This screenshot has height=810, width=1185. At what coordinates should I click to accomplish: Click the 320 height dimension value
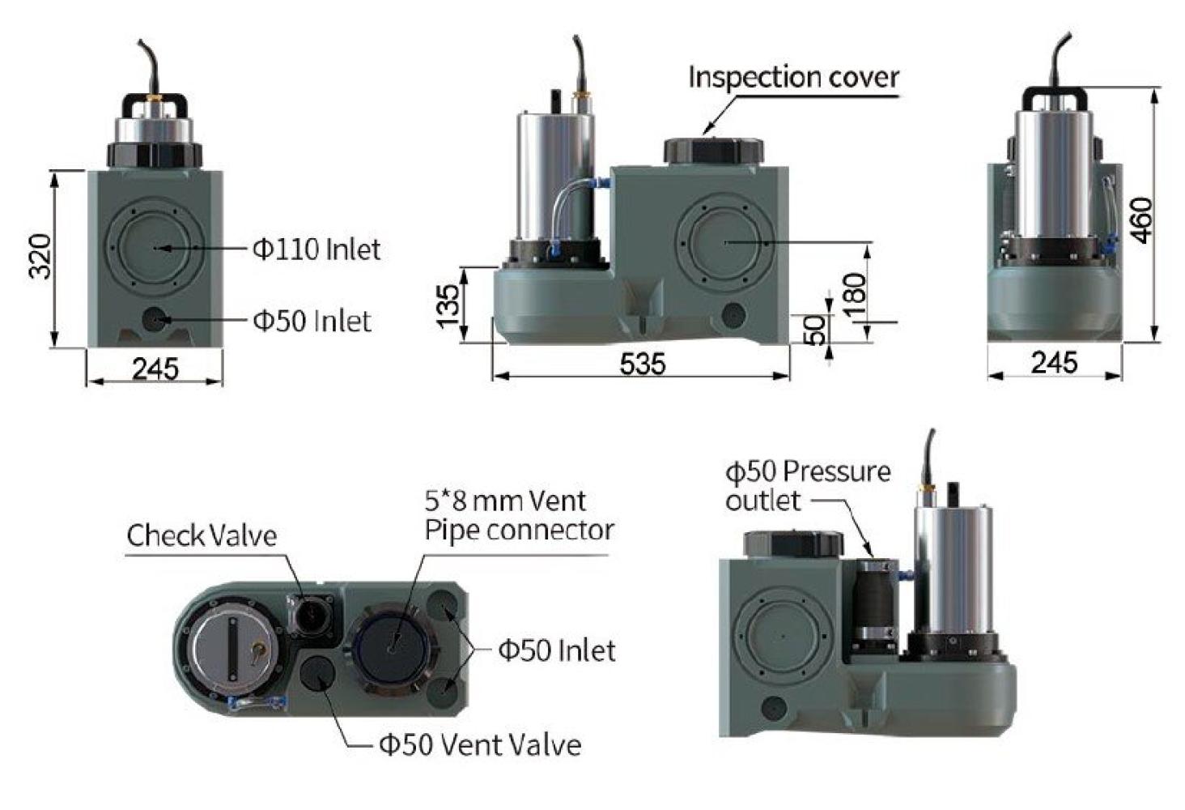(x=40, y=256)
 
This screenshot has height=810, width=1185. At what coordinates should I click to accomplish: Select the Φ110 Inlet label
(x=316, y=249)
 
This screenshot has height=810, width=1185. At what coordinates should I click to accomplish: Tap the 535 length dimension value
(x=643, y=364)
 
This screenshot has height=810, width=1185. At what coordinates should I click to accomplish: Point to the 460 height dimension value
(x=1142, y=220)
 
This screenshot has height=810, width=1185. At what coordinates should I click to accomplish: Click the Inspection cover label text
(x=793, y=78)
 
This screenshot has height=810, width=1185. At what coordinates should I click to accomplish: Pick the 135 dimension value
(x=448, y=305)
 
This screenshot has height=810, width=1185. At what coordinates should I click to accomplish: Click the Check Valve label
(x=202, y=535)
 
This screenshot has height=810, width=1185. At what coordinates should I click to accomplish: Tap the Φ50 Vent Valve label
(x=480, y=744)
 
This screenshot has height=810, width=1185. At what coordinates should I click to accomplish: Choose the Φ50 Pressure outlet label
(x=807, y=485)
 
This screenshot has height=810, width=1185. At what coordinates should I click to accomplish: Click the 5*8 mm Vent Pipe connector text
(x=519, y=515)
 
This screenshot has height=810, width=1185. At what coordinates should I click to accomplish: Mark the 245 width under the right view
(x=1054, y=362)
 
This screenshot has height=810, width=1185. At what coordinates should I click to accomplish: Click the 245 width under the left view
(x=155, y=369)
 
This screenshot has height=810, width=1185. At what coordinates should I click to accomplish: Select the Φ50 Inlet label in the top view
(x=556, y=650)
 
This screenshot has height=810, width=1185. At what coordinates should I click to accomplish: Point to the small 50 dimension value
(x=818, y=330)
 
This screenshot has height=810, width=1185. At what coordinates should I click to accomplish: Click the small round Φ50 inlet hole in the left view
(x=154, y=319)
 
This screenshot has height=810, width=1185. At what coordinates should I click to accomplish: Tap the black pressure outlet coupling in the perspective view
(x=875, y=604)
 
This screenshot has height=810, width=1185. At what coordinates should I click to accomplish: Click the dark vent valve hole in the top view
(x=317, y=671)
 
